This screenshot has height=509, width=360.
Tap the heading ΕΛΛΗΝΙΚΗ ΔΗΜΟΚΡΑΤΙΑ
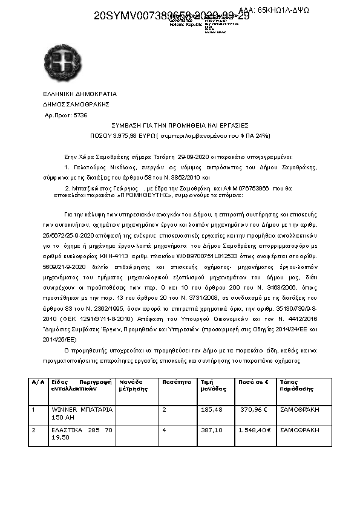point(79,94)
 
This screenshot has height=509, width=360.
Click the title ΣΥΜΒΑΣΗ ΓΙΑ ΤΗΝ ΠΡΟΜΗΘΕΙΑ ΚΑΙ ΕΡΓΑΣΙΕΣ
point(179,125)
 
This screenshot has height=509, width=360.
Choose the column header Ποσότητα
point(177,382)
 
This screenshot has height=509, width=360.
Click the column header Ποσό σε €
point(254,382)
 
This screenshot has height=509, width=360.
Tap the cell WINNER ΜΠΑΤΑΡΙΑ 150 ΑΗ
point(81,413)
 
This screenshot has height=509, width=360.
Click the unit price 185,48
point(211,409)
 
